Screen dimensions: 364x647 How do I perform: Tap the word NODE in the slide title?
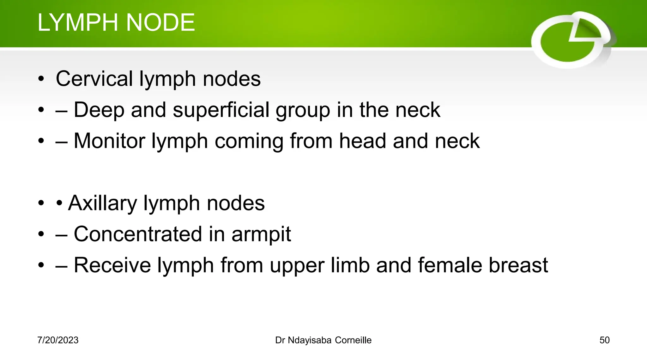pos(160,22)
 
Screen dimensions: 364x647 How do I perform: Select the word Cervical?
pos(94,79)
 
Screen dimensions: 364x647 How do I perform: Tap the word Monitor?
pos(109,141)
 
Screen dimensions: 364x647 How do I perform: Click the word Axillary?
pos(102,203)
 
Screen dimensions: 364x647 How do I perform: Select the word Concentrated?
pos(138,234)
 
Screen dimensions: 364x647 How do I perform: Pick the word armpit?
pos(261,234)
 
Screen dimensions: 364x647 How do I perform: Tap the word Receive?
pos(112,265)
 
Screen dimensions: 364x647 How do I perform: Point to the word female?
pos(450,265)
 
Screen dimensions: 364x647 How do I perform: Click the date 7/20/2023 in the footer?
pos(58,340)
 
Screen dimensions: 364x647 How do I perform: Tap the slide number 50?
pos(604,340)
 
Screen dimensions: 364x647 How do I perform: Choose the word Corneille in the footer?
pos(353,340)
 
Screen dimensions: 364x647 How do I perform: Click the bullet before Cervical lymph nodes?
pos(41,79)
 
